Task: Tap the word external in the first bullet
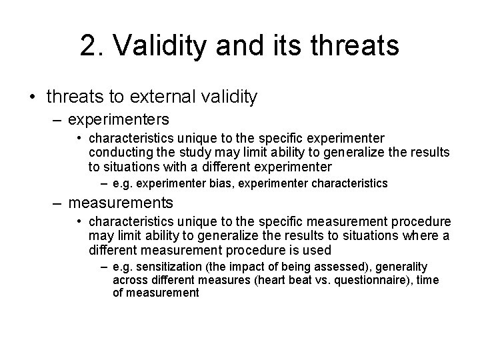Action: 160,97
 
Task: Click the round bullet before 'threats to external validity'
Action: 33,98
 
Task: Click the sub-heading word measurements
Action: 121,201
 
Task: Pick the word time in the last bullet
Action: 427,280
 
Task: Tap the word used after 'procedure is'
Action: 318,250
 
